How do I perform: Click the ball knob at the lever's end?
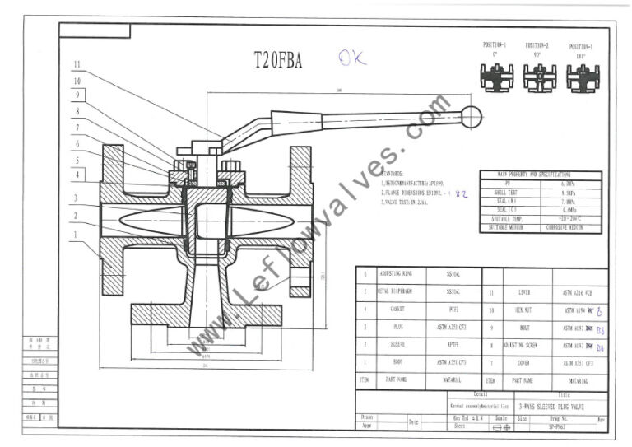pyautogui.click(x=471, y=117)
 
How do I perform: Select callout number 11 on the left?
pyautogui.click(x=76, y=64)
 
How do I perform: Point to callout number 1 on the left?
pyautogui.click(x=76, y=235)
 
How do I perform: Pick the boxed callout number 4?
pyautogui.click(x=76, y=175)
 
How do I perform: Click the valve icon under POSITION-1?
pyautogui.click(x=494, y=77)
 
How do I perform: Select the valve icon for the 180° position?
pyautogui.click(x=583, y=78)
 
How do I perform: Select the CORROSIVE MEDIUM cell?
pyautogui.click(x=565, y=226)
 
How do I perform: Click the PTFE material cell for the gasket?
pyautogui.click(x=452, y=310)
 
